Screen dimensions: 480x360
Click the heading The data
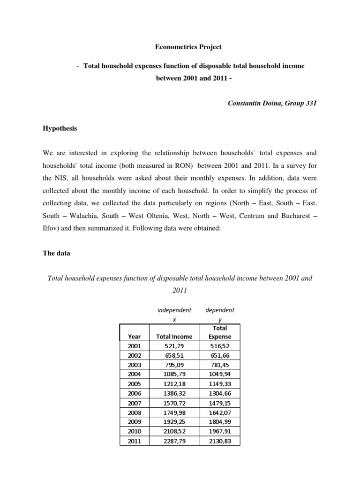click(57, 254)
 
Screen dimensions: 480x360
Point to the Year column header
click(134, 336)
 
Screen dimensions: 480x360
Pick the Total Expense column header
click(220, 332)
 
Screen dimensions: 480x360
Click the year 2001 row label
click(134, 346)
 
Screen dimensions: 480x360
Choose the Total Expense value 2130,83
click(220, 442)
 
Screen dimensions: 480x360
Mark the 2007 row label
click(134, 403)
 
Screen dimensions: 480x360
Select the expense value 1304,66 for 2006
click(220, 394)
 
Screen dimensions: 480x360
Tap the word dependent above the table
click(220, 310)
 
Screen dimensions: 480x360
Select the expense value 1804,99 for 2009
click(220, 422)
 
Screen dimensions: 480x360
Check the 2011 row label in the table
click(134, 442)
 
